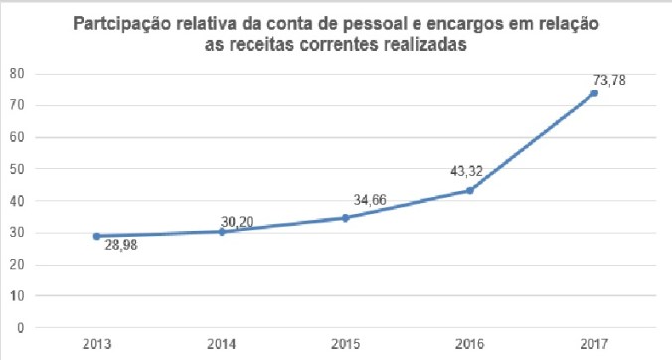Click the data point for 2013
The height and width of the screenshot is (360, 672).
[x=96, y=236]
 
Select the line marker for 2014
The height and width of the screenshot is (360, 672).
[x=221, y=232]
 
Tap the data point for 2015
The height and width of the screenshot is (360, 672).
[x=345, y=217]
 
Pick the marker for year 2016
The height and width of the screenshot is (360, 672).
[x=469, y=190]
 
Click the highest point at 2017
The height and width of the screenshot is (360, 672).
[x=593, y=93]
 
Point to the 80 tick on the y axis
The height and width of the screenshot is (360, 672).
[x=17, y=74]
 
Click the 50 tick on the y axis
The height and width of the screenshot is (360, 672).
[x=17, y=169]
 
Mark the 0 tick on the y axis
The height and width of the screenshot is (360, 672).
[x=21, y=328]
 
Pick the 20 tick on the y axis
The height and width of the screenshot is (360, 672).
[x=17, y=265]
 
